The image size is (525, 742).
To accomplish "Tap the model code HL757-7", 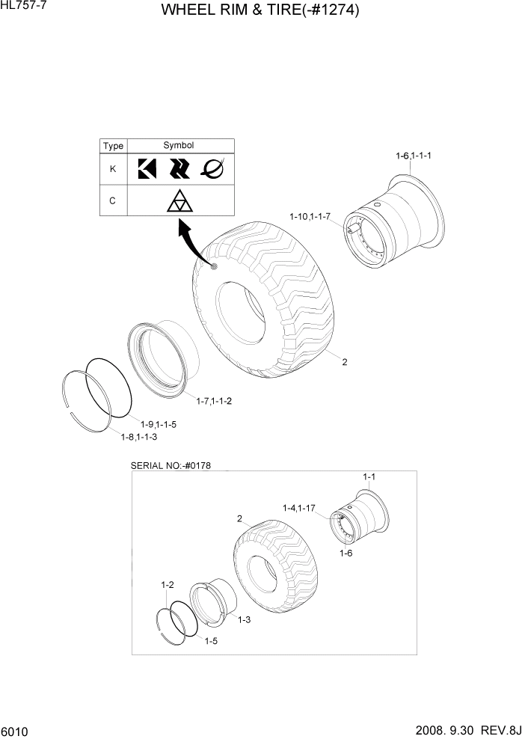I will [23, 6].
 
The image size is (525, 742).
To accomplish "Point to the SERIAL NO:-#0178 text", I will [171, 465].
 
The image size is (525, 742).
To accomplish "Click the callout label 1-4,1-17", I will [299, 508].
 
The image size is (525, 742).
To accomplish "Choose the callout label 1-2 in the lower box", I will [168, 584].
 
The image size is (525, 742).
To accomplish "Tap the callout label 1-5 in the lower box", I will [212, 640].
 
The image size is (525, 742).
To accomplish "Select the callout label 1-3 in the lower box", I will [244, 620].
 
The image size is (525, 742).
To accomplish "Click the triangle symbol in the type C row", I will [179, 201].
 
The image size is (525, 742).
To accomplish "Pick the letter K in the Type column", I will [113, 169].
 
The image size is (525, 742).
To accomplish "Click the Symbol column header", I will [179, 146].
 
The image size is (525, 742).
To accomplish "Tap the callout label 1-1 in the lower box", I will [369, 477].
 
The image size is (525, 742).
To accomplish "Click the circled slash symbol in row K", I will [212, 170].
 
